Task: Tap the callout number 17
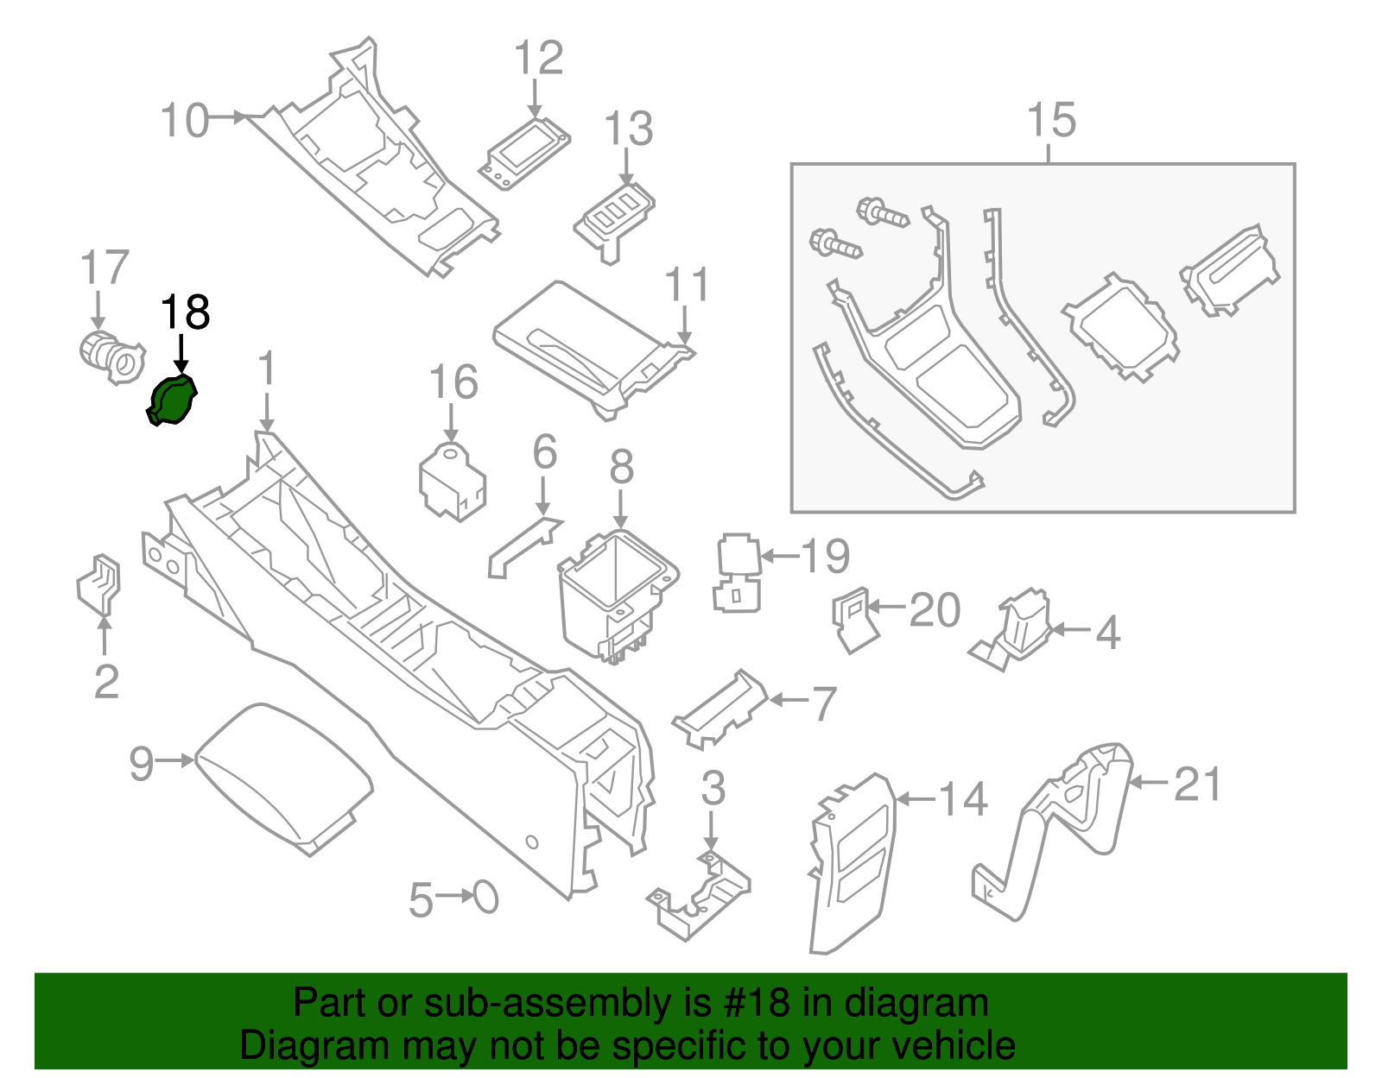pos(105,268)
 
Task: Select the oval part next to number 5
pos(486,898)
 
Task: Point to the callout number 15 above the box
pos(1051,120)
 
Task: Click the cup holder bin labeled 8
pos(615,596)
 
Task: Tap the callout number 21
pos(1197,784)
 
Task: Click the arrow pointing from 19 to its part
pos(780,557)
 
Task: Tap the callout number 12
pos(538,58)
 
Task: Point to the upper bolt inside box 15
pos(881,211)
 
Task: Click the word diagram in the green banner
pos(916,1003)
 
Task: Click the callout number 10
pos(185,120)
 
